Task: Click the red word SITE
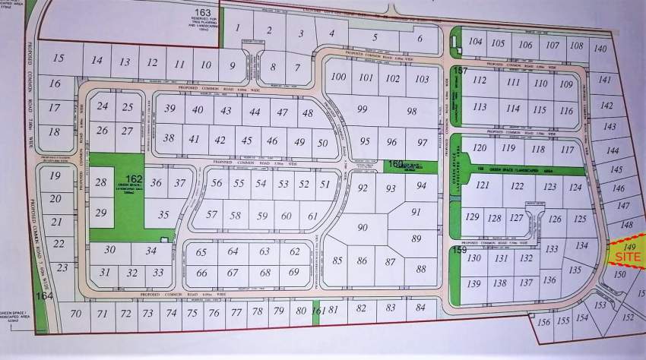coord(628,258)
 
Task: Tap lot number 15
coord(59,58)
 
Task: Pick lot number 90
coord(362,228)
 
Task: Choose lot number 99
coord(362,110)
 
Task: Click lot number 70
coord(74,313)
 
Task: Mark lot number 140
coord(600,49)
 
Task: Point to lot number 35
coord(163,215)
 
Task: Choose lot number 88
coord(421,268)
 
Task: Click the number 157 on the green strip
coord(459,71)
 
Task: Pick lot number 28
coord(102,183)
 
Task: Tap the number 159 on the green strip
coord(458,249)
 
